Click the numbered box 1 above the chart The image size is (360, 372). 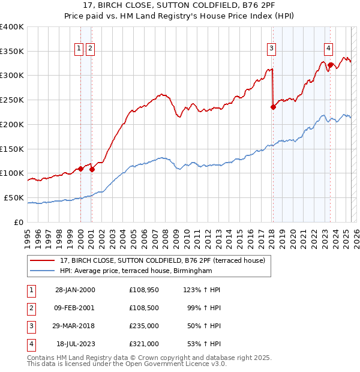79,49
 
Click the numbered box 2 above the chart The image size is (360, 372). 90,49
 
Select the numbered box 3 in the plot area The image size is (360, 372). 271,49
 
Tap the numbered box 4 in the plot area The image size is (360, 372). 329,49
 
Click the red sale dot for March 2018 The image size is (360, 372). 273,107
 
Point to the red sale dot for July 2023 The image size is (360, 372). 330,65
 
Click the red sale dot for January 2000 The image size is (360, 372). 80,169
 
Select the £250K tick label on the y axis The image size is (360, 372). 12,100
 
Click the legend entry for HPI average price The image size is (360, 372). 136,271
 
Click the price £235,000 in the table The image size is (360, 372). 143,327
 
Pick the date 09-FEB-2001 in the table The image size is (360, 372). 75,308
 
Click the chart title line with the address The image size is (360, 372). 180,7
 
